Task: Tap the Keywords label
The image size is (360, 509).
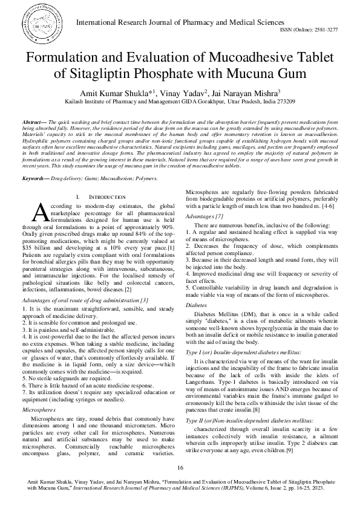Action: (36, 161)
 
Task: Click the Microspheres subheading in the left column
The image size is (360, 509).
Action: (39, 409)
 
